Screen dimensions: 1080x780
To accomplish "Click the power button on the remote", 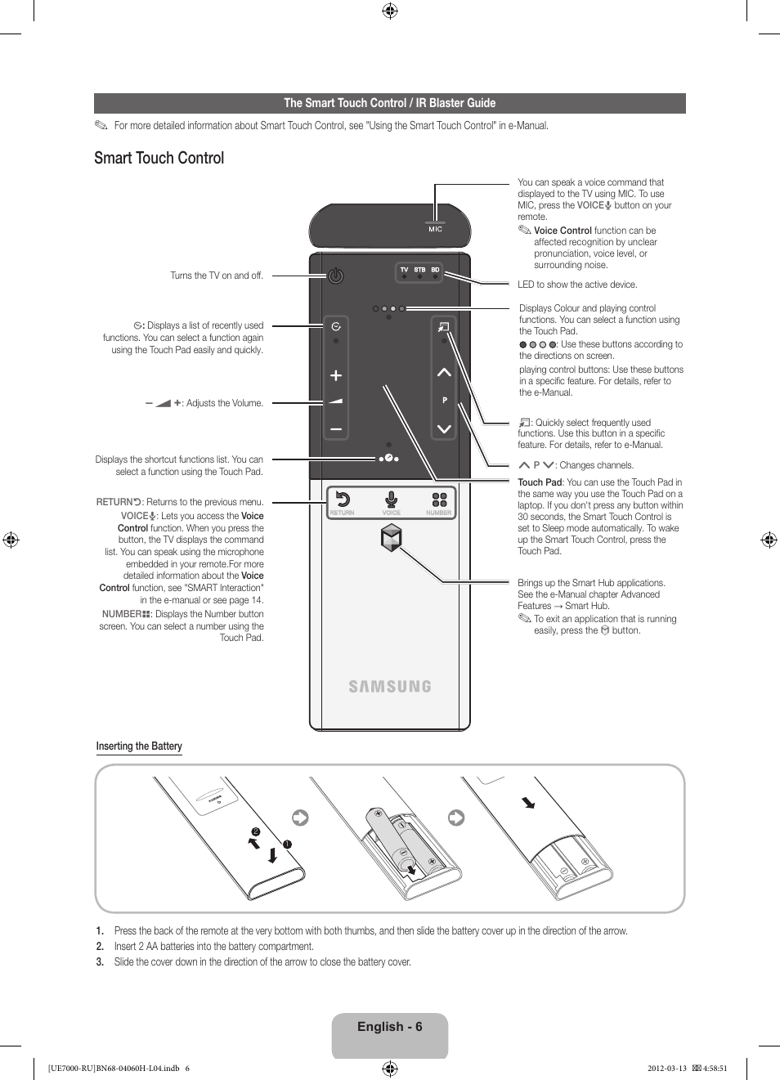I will pos(335,276).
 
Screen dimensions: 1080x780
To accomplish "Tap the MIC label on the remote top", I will pos(435,229).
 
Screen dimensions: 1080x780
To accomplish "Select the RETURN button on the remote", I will pos(343,500).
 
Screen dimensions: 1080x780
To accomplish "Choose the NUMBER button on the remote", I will pos(439,500).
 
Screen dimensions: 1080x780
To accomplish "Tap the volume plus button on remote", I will pos(335,375).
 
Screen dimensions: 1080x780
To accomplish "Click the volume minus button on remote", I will pos(335,428).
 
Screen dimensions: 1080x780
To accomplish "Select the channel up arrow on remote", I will pos(444,373).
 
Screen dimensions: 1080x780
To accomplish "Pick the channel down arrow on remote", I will pos(444,428).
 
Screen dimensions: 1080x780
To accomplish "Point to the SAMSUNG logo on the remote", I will pos(390,687).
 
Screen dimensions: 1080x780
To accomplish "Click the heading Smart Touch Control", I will pos(159,159).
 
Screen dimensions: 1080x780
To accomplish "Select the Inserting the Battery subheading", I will pos(139,746).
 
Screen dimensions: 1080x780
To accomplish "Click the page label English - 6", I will pos(390,1027).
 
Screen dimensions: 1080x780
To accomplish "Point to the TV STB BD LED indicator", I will pos(419,272).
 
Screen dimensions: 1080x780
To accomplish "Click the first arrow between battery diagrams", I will pos(300,817).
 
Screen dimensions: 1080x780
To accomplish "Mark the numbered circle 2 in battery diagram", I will pos(256,831).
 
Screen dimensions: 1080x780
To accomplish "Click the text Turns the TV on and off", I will pos(217,276).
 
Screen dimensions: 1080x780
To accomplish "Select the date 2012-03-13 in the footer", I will pos(666,1068).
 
